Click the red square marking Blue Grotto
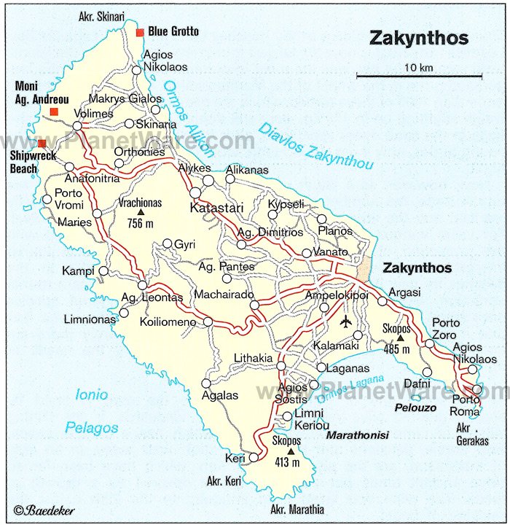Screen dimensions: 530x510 click(x=140, y=31)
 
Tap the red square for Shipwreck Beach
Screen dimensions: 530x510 click(x=42, y=144)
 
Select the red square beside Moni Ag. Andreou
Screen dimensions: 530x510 click(x=54, y=112)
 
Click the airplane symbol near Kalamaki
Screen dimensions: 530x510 click(x=346, y=321)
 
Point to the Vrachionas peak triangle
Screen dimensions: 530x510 click(x=141, y=213)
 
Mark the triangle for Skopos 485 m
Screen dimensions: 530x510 click(x=400, y=338)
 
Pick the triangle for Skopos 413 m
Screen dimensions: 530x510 click(x=291, y=451)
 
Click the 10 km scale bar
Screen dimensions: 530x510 click(x=419, y=75)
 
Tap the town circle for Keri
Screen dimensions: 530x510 click(x=254, y=457)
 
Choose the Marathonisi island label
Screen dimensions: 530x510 click(x=357, y=435)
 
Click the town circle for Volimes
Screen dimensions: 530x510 click(x=77, y=126)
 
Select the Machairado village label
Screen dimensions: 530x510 click(x=224, y=294)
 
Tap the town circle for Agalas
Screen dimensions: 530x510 click(x=206, y=383)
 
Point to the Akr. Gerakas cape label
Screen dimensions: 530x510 click(x=473, y=434)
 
